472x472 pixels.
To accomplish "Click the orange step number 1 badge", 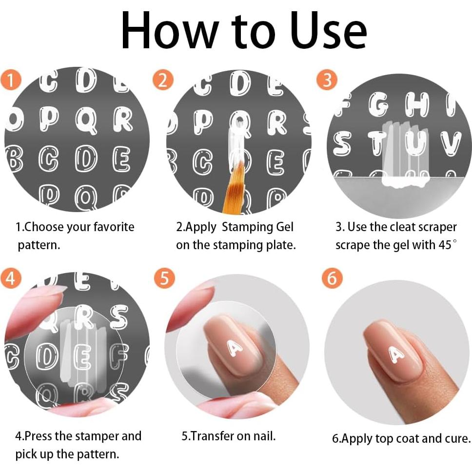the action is pyautogui.click(x=11, y=80).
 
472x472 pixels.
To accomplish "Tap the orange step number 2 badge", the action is pyautogui.click(x=163, y=80).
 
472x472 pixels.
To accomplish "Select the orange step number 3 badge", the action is pyautogui.click(x=327, y=80).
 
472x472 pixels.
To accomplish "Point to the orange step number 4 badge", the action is pyautogui.click(x=11, y=277).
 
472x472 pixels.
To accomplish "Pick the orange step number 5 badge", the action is pyautogui.click(x=164, y=277).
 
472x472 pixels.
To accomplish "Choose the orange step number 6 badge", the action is pyautogui.click(x=332, y=277).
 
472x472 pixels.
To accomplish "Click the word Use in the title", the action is pyautogui.click(x=329, y=30).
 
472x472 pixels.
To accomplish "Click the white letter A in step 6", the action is pyautogui.click(x=396, y=354).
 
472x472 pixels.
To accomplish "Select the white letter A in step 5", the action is pyautogui.click(x=235, y=348).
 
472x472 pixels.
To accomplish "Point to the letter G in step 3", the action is pyautogui.click(x=378, y=104).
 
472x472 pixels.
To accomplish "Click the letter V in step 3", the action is pyautogui.click(x=451, y=143).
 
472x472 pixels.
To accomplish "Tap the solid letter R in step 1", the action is pyautogui.click(x=123, y=120).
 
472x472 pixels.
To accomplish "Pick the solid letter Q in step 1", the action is pyautogui.click(x=86, y=120).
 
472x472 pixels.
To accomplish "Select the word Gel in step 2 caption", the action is pyautogui.click(x=285, y=227).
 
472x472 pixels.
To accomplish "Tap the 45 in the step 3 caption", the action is pyautogui.click(x=445, y=245).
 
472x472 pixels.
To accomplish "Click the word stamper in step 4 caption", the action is pyautogui.click(x=97, y=436).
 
